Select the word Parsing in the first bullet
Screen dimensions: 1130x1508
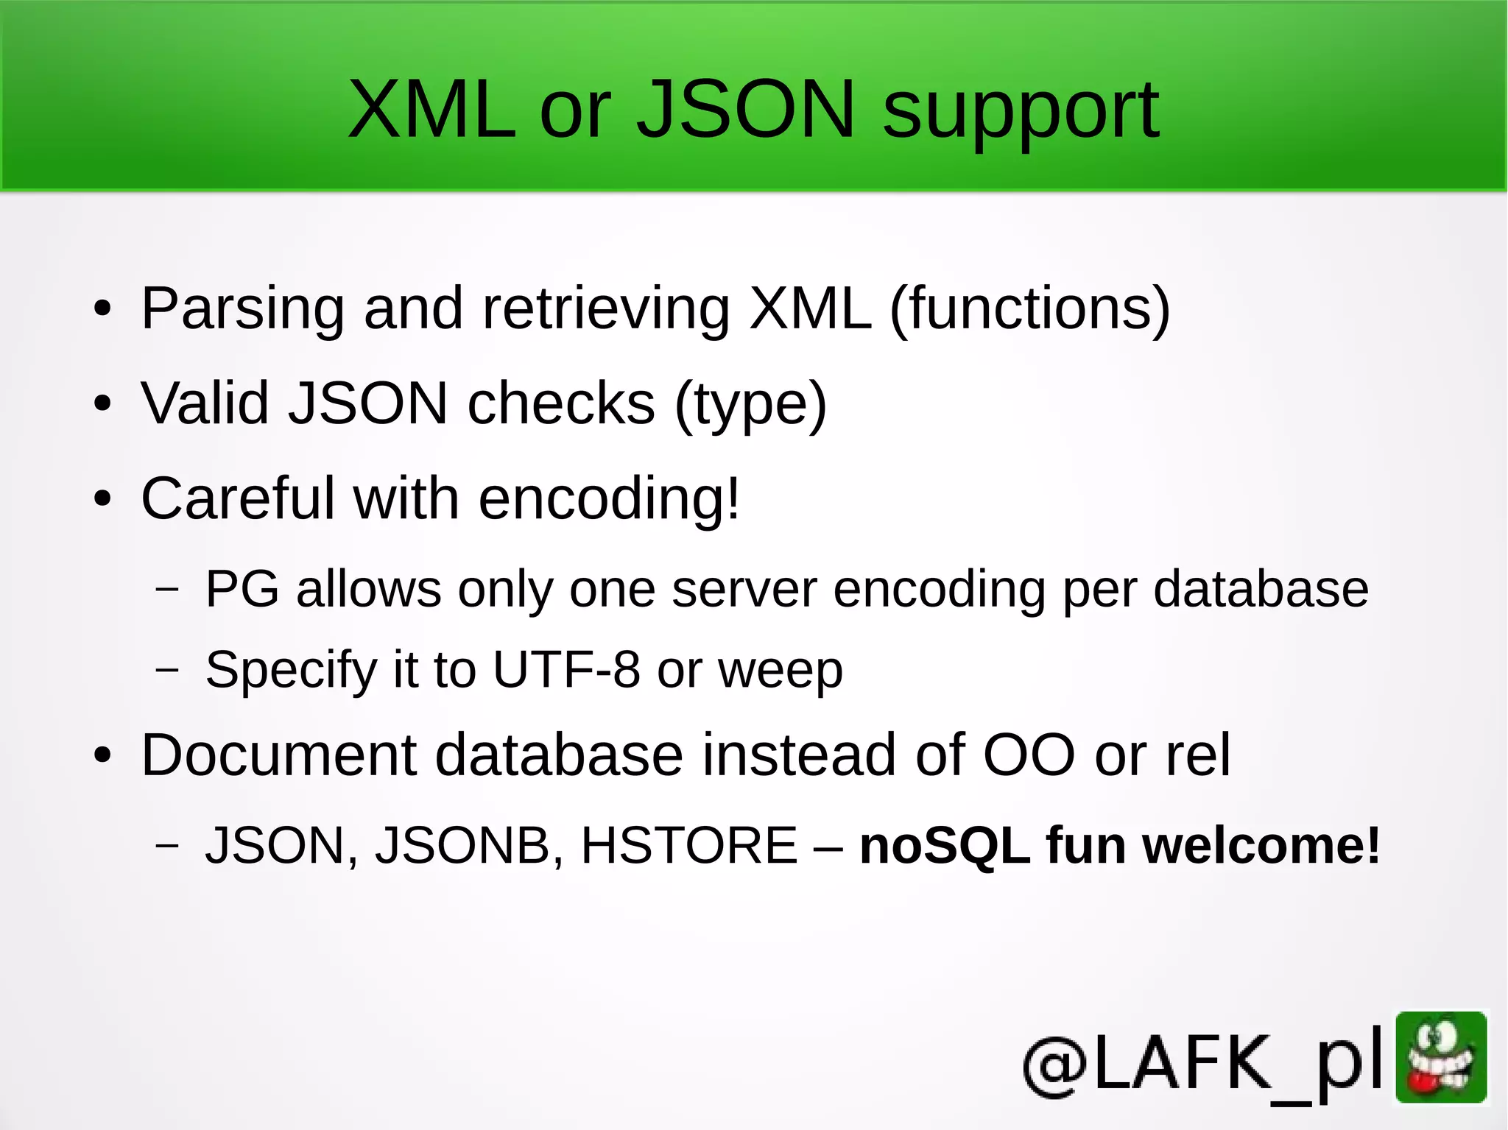[242, 309]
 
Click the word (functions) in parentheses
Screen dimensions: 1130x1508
[1029, 309]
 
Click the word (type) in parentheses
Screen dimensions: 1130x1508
[750, 405]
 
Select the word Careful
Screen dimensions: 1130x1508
[237, 498]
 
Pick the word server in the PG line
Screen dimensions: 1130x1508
[744, 590]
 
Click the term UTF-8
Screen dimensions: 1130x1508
[565, 669]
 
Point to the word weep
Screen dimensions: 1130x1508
[780, 671]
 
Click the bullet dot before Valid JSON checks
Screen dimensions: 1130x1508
[102, 403]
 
